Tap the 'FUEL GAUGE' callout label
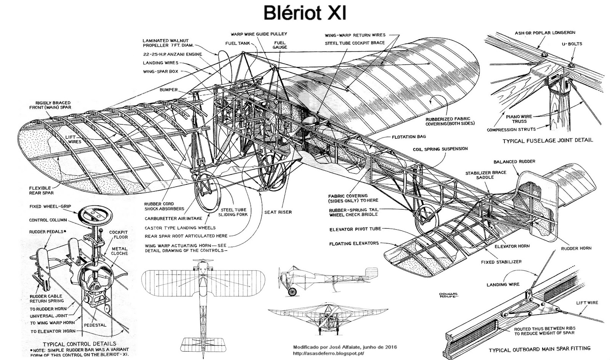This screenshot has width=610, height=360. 280,45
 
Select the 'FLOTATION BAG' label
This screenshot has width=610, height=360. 408,137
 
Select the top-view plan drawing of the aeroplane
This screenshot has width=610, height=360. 205,301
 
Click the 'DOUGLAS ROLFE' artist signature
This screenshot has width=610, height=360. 448,296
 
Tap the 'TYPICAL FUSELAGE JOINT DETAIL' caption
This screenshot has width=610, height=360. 547,140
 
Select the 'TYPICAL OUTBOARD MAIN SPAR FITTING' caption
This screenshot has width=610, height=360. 540,348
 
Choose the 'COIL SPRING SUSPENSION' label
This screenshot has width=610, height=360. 440,149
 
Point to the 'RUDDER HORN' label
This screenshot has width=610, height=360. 576,248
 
